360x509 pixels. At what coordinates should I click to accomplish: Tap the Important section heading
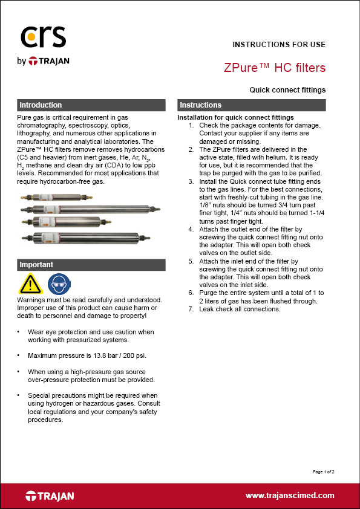point(36,265)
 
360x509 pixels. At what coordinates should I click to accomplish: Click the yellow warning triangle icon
point(30,283)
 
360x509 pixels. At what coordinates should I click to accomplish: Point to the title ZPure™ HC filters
point(275,67)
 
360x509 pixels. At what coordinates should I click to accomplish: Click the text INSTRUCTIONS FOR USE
point(279,45)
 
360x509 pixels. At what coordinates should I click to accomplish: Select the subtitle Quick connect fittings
point(287,89)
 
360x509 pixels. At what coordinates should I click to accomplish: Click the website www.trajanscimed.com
point(290,495)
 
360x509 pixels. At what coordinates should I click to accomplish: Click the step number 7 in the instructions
point(191,309)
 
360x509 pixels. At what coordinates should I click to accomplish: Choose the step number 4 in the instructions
point(191,230)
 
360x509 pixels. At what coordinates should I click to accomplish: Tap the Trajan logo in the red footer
point(50,496)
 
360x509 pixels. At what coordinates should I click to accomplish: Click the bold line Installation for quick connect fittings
point(236,117)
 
